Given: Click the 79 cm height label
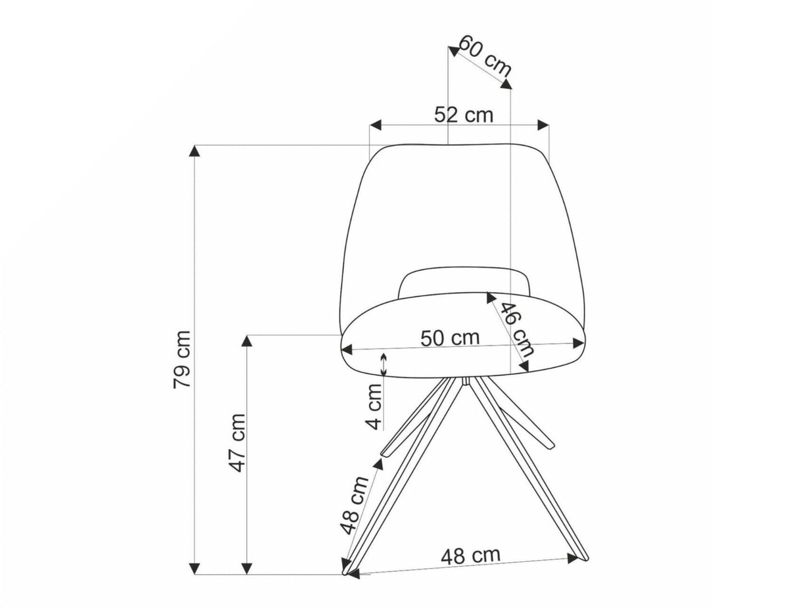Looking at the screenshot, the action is pyautogui.click(x=182, y=359).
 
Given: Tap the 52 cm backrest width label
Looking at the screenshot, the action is pyautogui.click(x=464, y=115).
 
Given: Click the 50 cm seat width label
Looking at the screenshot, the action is pyautogui.click(x=450, y=338).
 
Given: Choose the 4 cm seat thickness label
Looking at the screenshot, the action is pyautogui.click(x=375, y=407).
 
